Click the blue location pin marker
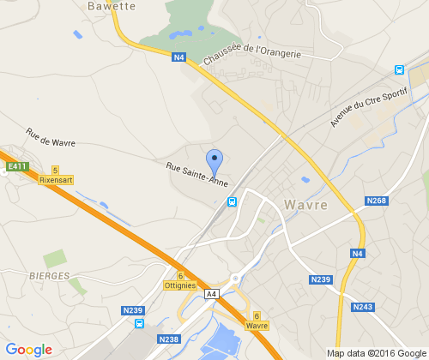tap(214, 160)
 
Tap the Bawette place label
tap(112, 6)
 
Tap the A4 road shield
tap(211, 294)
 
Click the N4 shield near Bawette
tap(178, 57)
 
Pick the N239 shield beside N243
tap(320, 280)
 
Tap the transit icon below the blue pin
tap(232, 201)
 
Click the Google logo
tap(28, 350)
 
